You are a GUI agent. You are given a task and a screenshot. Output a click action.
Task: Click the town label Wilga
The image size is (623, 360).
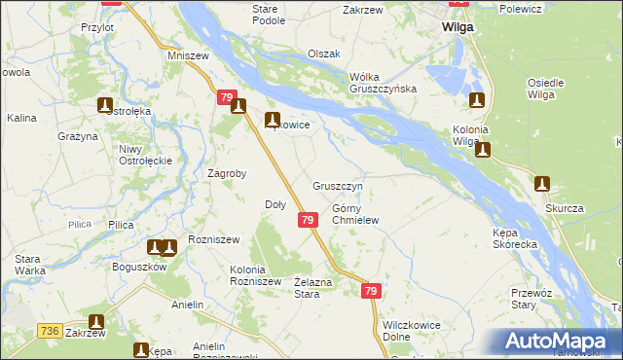pyautogui.click(x=457, y=27)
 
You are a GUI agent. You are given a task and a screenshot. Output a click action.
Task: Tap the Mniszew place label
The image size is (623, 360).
pyautogui.click(x=189, y=56)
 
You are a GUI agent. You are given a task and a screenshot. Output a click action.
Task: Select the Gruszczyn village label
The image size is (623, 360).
pyautogui.click(x=338, y=185)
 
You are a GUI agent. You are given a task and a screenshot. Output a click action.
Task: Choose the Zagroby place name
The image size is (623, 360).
pyautogui.click(x=227, y=174)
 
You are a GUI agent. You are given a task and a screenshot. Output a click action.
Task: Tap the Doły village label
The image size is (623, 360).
pyautogui.click(x=275, y=204)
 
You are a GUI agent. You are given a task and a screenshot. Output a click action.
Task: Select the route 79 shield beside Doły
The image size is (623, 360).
pyautogui.click(x=307, y=221)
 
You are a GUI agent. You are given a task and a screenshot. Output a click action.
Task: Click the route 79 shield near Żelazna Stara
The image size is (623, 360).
pyautogui.click(x=370, y=291)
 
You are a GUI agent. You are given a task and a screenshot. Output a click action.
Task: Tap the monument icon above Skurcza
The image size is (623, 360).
pyautogui.click(x=542, y=183)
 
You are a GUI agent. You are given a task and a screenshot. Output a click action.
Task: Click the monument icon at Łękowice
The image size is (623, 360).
pyautogui.click(x=274, y=120)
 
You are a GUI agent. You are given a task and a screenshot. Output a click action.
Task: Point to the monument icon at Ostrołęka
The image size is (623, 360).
pyautogui.click(x=106, y=105)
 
